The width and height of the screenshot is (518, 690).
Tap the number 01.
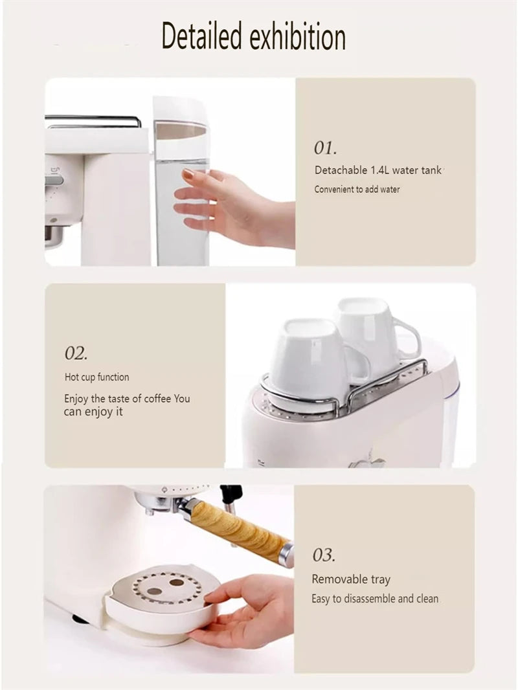pyautogui.click(x=325, y=148)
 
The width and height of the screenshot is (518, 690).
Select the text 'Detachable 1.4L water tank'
pyautogui.click(x=378, y=170)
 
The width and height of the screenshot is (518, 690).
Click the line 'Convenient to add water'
pyautogui.click(x=357, y=190)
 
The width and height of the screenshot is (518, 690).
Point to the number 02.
pyautogui.click(x=76, y=353)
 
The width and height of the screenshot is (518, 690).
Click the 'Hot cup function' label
pyautogui.click(x=96, y=377)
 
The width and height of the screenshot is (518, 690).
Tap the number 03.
pyautogui.click(x=324, y=555)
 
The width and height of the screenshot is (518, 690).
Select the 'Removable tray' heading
pyautogui.click(x=351, y=579)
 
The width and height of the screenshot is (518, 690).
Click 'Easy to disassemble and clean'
pyautogui.click(x=375, y=599)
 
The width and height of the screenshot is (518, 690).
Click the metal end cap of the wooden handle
pyautogui.click(x=286, y=555)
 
